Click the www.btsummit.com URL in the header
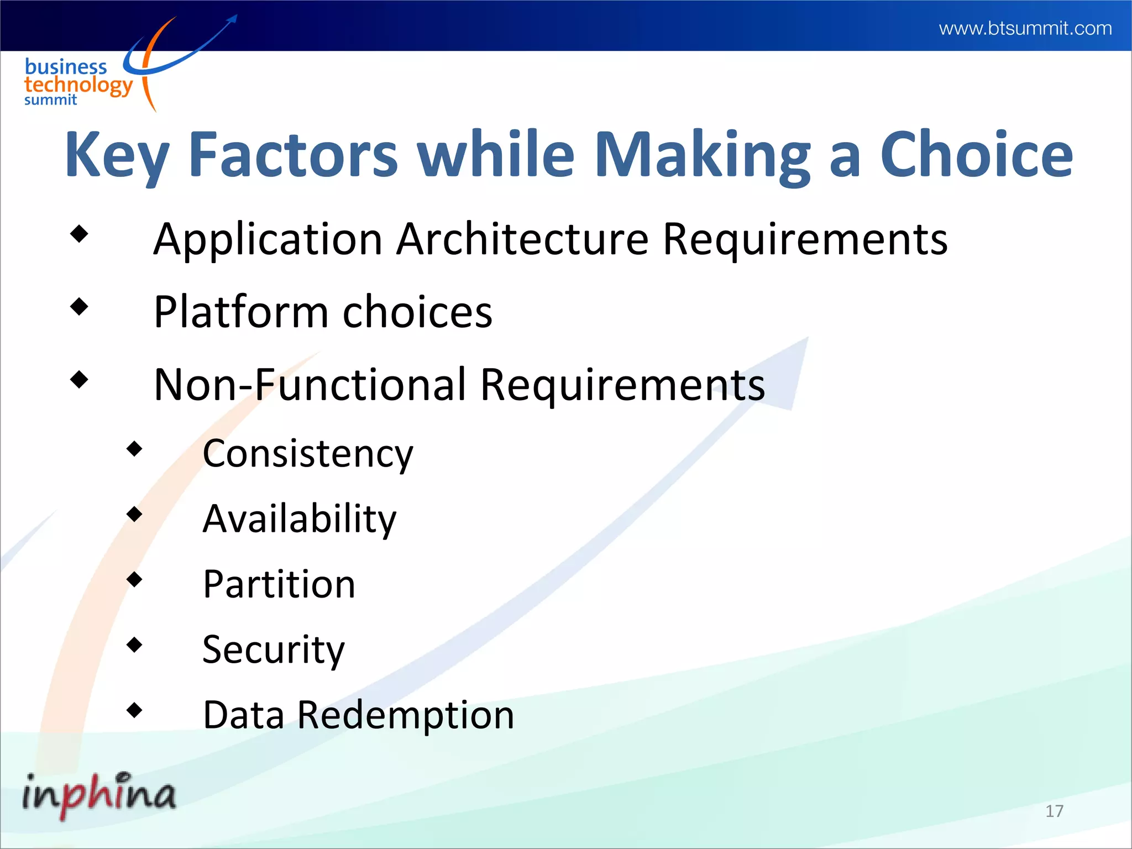pyautogui.click(x=1025, y=28)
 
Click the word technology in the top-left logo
pyautogui.click(x=78, y=85)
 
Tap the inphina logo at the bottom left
pyautogui.click(x=98, y=794)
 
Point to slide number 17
pyautogui.click(x=1054, y=811)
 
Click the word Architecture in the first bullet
pyautogui.click(x=522, y=239)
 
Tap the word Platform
pyautogui.click(x=241, y=312)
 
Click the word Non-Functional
pyautogui.click(x=310, y=385)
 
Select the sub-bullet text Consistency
pyautogui.click(x=308, y=454)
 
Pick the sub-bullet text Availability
pyautogui.click(x=300, y=519)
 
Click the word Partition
pyautogui.click(x=279, y=584)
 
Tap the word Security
pyautogui.click(x=274, y=649)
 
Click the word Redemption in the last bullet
pyautogui.click(x=406, y=715)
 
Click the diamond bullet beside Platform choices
pyautogui.click(x=80, y=306)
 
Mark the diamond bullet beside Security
pyautogui.click(x=134, y=644)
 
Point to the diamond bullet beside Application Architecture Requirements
pyautogui.click(x=80, y=233)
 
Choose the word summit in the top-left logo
pyautogui.click(x=50, y=100)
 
